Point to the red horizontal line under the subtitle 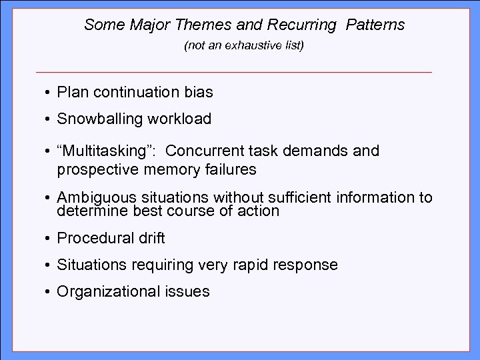[234, 71]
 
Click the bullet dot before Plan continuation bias [49, 93]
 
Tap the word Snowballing [99, 119]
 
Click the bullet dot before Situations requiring [49, 265]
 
